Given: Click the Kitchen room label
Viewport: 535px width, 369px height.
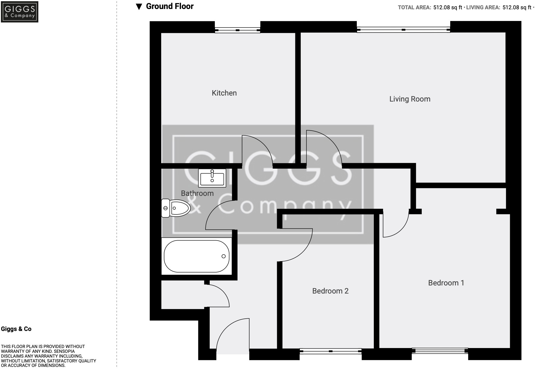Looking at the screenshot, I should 224,93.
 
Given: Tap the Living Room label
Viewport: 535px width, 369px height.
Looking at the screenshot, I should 409,99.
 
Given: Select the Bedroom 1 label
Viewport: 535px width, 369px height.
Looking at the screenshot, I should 446,283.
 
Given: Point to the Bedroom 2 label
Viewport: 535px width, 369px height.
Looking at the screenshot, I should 330,291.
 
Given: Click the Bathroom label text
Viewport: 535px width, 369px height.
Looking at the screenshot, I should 197,193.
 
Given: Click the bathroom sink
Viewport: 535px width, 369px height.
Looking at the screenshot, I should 212,178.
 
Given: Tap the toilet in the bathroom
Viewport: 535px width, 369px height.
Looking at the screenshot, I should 177,208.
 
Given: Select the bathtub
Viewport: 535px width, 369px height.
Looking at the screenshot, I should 197,256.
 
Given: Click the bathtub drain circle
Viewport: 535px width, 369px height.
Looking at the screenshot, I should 223,256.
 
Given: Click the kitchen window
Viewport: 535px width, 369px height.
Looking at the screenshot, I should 238,30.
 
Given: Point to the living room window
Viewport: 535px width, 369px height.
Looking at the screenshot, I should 403,30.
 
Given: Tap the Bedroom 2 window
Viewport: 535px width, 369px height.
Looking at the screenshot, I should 330,351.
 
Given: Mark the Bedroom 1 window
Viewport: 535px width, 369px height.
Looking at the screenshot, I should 440,350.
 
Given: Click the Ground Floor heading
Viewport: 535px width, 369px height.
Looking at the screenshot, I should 170,6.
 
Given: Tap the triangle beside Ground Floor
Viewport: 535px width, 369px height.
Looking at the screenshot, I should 138,7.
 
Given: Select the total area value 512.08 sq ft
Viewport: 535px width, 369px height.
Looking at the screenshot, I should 448,7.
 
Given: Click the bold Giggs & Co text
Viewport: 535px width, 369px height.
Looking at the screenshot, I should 16,329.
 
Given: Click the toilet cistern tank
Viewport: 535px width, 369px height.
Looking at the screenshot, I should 165,208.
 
